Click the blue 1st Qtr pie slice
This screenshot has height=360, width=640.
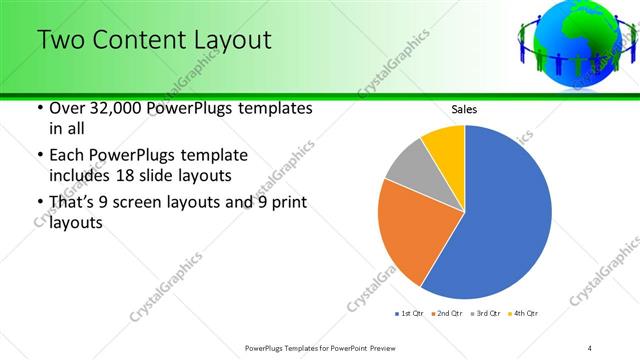[x=505, y=215]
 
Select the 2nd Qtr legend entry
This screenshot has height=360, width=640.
[x=446, y=314]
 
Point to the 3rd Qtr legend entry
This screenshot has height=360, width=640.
[x=484, y=314]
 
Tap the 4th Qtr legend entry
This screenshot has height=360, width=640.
[x=522, y=314]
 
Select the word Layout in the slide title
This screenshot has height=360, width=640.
[x=232, y=41]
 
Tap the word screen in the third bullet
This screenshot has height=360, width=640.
[x=141, y=203]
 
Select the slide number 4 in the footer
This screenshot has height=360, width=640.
[x=589, y=347]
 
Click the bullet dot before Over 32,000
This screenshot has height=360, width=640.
[x=39, y=108]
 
